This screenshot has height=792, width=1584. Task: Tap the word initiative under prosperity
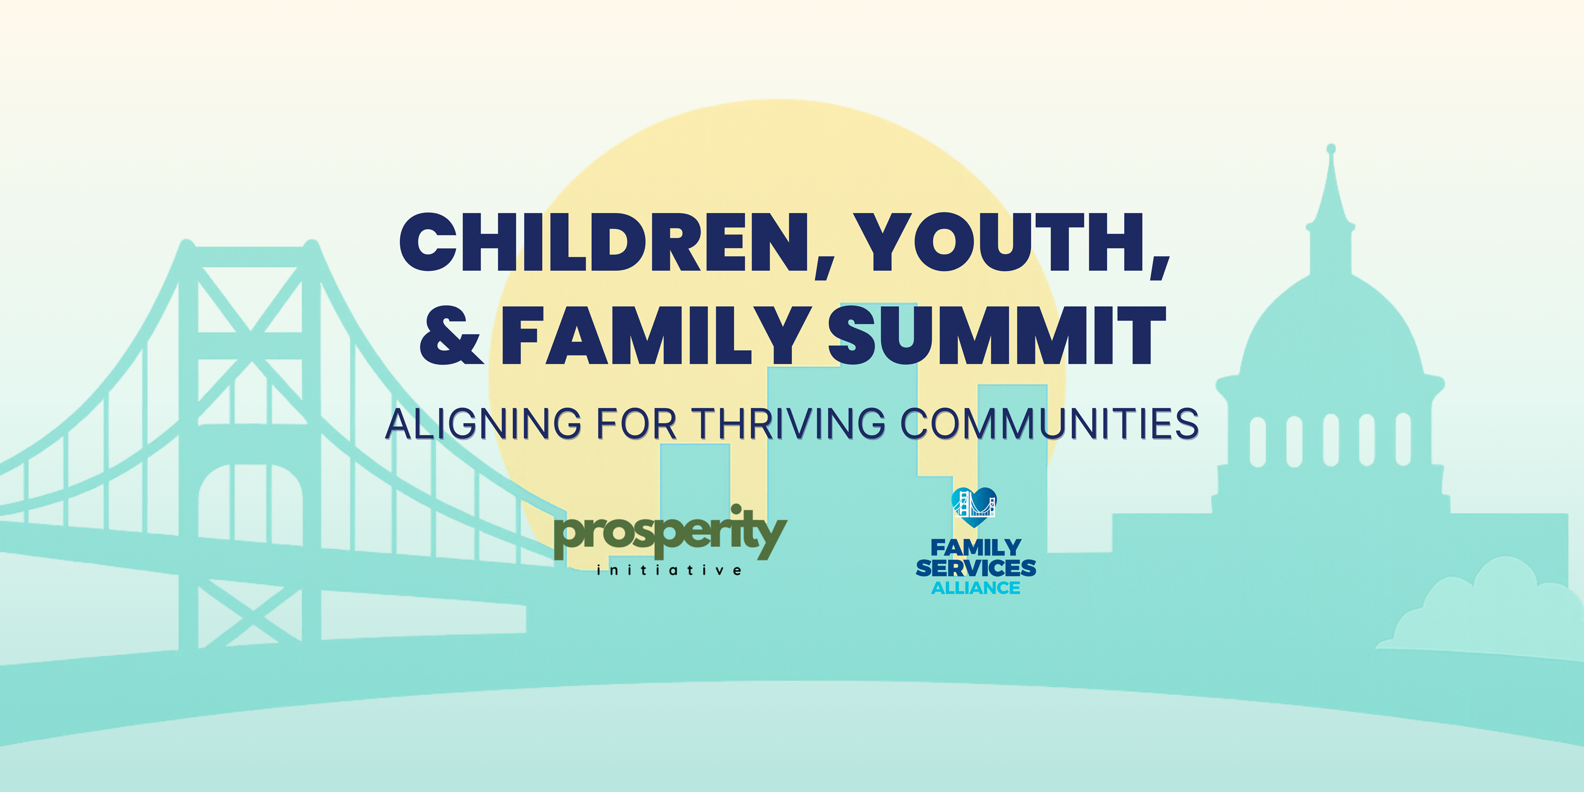[x=669, y=570]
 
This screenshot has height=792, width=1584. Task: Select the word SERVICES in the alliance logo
[x=976, y=568]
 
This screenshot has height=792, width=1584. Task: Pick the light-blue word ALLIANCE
[x=976, y=588]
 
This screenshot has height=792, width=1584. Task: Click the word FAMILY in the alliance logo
[x=976, y=546]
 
